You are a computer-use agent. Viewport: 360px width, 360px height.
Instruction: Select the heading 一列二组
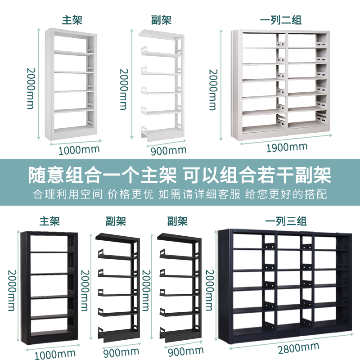point(281,20)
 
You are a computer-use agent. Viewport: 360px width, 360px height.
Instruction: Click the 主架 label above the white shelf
point(72,20)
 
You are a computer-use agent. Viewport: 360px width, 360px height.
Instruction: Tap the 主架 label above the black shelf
point(49,221)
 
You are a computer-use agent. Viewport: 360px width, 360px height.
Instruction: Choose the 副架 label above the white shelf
point(161,20)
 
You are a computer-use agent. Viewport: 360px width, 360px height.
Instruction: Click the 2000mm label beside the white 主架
point(31,88)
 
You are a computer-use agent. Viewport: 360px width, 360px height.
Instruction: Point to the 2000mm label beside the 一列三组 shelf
point(209,290)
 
